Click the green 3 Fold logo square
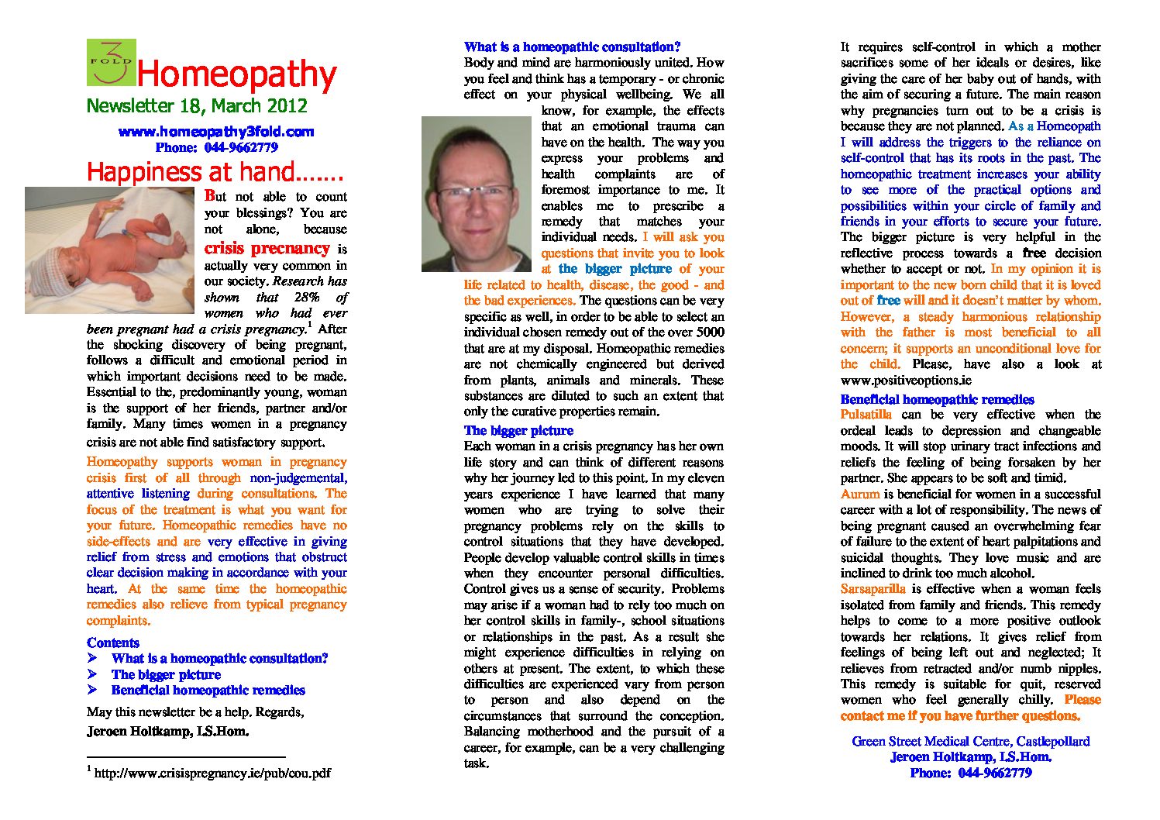coord(111,62)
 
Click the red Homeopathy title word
coord(236,74)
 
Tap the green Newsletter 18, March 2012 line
coord(197,106)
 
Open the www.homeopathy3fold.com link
coord(216,132)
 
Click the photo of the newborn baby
coord(109,250)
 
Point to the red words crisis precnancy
coord(267,248)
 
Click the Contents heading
coord(113,643)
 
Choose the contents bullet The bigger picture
coord(166,674)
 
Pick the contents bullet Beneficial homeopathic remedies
coord(208,690)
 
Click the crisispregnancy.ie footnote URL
coord(212,773)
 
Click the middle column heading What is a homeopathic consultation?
coord(572,47)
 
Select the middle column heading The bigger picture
coord(518,431)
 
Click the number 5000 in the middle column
coord(709,332)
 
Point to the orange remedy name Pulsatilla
coord(866,415)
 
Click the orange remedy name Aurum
coord(859,494)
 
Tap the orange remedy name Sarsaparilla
coord(873,589)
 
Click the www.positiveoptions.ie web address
coord(905,381)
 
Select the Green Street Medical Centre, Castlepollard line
coord(970,741)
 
